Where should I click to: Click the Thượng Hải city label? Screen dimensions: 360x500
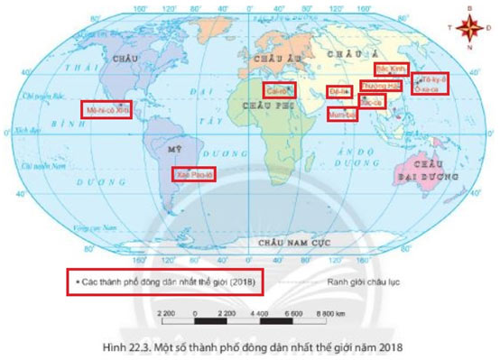pos(380,86)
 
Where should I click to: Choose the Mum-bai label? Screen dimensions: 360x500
pos(344,115)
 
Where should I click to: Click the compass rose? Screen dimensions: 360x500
pos(468,28)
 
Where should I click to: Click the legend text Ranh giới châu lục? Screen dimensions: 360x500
pos(371,282)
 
